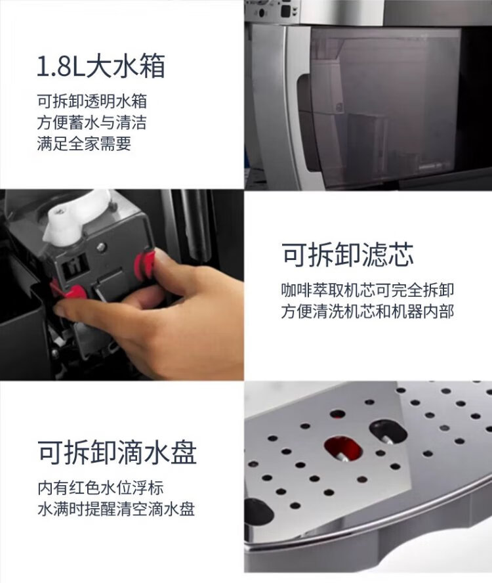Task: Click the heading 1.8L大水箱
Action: pos(101,66)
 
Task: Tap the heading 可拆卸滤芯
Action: pos(347,255)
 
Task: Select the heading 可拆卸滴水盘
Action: pos(117,452)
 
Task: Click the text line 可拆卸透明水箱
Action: pos(92,101)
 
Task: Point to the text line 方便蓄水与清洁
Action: pos(92,122)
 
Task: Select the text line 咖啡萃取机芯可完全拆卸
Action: pos(367,290)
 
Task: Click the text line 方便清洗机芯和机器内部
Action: pos(367,311)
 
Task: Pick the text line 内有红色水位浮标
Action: pos(100,487)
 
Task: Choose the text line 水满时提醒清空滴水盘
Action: pos(116,509)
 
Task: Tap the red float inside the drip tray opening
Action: pos(342,448)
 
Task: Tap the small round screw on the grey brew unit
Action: pos(102,246)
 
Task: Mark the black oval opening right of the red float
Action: pos(388,432)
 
